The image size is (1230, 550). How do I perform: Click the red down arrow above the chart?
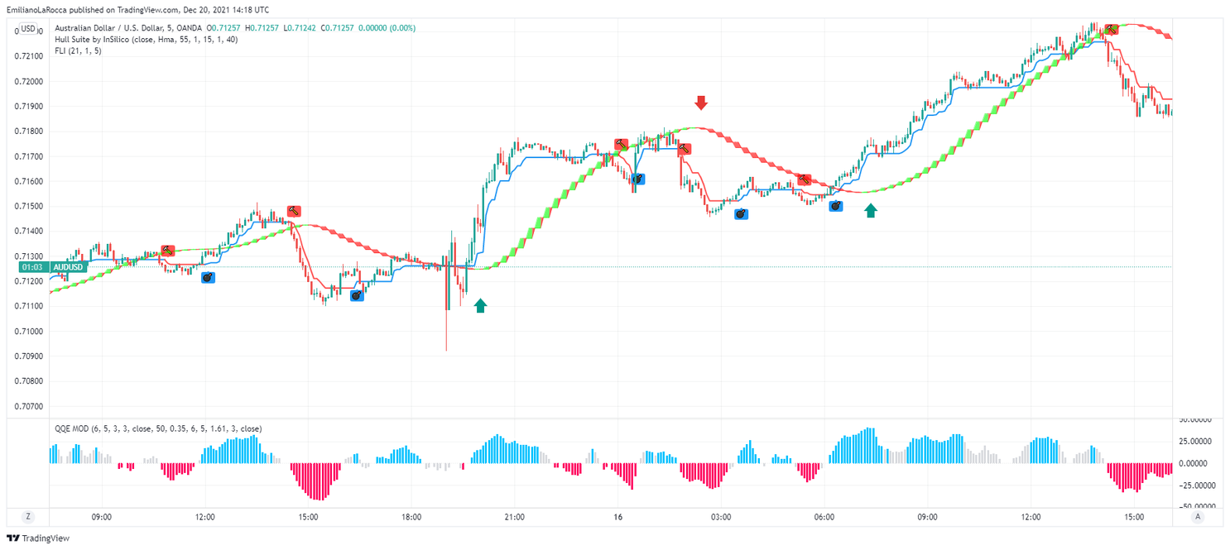[701, 103]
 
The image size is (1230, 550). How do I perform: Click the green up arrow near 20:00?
[481, 306]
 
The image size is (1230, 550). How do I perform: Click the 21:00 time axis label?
[514, 517]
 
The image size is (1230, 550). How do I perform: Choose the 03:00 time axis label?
[720, 517]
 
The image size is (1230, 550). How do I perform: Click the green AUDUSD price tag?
[68, 267]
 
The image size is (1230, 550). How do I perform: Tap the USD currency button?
[28, 29]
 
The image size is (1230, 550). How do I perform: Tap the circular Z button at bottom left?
[28, 517]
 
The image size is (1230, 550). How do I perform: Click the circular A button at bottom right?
[1196, 517]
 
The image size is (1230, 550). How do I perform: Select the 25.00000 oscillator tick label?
[1195, 442]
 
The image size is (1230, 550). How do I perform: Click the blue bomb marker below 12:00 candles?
[208, 278]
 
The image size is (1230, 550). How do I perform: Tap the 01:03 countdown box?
[31, 267]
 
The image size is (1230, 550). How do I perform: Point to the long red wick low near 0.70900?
[446, 347]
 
